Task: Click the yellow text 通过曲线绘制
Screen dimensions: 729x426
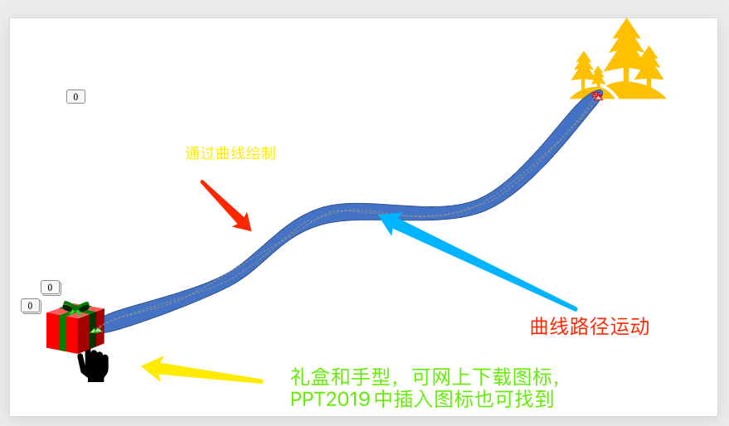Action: (230, 153)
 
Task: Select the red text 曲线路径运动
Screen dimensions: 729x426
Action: (590, 327)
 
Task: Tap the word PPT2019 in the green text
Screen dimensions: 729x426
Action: (330, 399)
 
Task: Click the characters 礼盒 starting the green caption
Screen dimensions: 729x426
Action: (310, 377)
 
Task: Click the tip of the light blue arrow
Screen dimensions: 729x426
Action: (380, 214)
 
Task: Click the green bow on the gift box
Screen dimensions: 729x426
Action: (75, 308)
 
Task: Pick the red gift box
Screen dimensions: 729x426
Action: (75, 327)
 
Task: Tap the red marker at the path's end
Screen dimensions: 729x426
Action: (597, 95)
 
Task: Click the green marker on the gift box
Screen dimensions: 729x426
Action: (95, 331)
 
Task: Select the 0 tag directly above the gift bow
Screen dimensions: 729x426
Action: (51, 288)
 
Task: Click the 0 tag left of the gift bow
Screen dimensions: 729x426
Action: (31, 306)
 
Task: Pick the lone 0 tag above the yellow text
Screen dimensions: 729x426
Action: (75, 97)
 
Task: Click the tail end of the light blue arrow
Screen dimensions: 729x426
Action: (575, 308)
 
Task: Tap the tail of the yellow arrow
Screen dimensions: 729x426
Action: (261, 381)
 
